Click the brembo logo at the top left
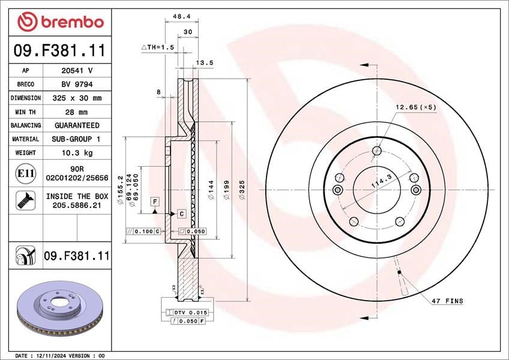[61, 22]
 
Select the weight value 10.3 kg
[77, 152]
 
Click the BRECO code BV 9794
[77, 85]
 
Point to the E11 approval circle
[26, 173]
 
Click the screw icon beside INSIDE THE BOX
[26, 200]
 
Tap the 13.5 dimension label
[205, 62]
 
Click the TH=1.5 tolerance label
[158, 47]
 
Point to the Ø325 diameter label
[242, 190]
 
